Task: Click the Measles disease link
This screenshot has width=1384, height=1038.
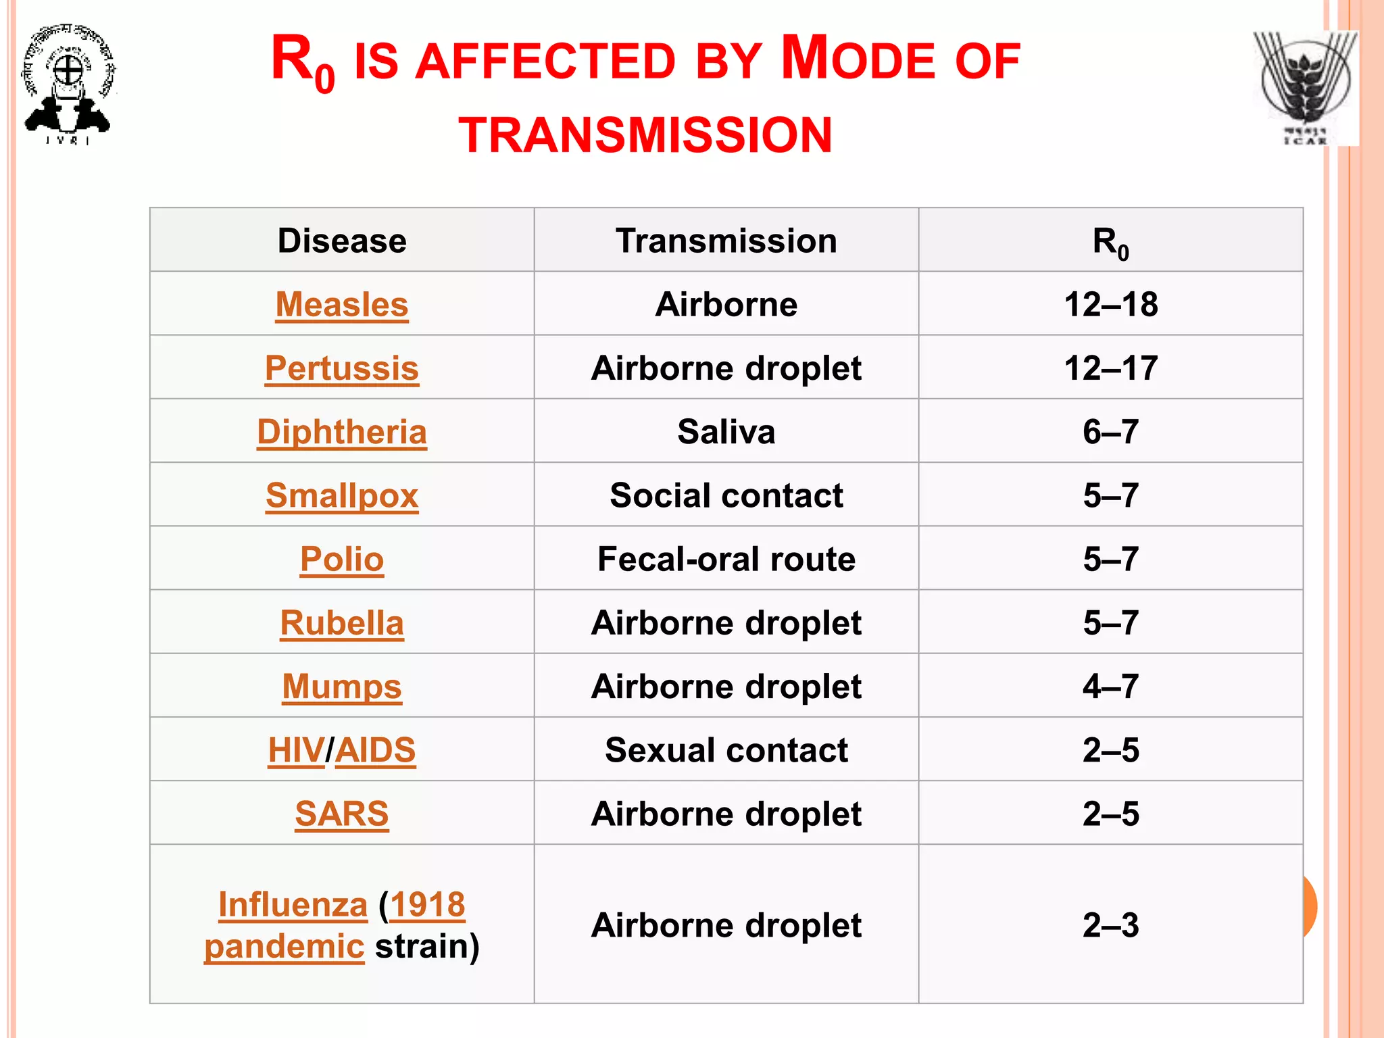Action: click(x=341, y=304)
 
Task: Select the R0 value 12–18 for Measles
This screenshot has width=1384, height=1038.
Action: click(x=1110, y=304)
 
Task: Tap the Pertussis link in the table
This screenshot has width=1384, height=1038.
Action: click(x=341, y=368)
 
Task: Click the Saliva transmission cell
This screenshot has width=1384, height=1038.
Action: click(x=726, y=432)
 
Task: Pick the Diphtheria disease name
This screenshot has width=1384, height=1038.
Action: click(x=341, y=432)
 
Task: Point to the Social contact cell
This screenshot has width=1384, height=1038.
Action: click(x=726, y=495)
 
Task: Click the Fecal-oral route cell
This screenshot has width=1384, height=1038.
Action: click(x=726, y=559)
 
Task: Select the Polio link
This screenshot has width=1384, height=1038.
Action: click(x=341, y=559)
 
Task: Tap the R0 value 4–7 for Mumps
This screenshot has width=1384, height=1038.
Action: click(x=1110, y=687)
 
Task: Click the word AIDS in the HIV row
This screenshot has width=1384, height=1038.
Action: click(x=376, y=750)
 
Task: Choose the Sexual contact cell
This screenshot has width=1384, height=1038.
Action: click(x=726, y=750)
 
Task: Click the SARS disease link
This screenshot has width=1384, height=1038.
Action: click(x=341, y=814)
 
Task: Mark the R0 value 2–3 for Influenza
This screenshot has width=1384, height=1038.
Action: click(x=1110, y=925)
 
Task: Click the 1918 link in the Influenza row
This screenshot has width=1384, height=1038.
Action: click(x=427, y=904)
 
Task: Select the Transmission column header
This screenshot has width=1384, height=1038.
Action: click(x=726, y=241)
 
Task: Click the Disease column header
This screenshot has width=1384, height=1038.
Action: click(x=341, y=241)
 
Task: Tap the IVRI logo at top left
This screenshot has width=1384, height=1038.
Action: click(x=68, y=84)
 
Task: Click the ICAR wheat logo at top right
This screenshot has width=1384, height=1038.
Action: click(x=1304, y=88)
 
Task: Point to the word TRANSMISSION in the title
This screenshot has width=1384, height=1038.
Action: click(x=645, y=135)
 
